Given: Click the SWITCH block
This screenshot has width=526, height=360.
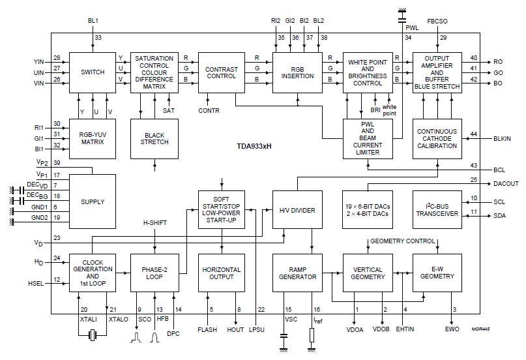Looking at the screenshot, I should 93,72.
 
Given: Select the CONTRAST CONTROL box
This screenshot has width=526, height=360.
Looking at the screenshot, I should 220,72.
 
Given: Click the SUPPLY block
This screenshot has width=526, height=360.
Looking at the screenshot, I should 93,202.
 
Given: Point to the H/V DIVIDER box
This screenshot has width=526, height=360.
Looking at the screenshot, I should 297,210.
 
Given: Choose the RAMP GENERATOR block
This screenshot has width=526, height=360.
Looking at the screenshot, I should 297,273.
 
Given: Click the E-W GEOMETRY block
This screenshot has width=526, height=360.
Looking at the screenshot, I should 437,273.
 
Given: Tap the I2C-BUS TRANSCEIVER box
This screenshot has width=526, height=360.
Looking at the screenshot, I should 437,210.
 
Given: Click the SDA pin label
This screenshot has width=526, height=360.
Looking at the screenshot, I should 499,216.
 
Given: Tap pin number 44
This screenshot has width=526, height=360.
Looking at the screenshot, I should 474,134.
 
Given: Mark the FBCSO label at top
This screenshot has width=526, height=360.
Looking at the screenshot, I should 436,21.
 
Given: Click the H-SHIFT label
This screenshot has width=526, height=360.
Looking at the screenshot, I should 155,223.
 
